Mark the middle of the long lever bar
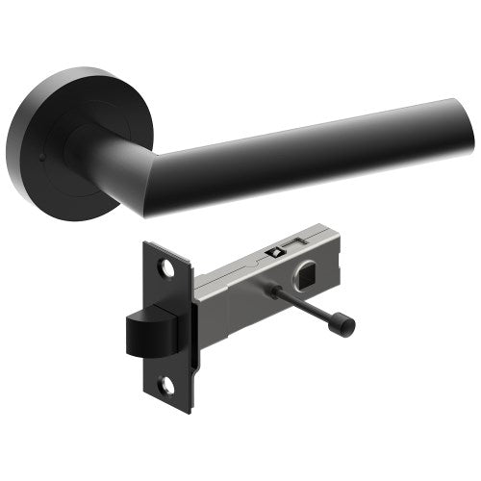tap(308, 154)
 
